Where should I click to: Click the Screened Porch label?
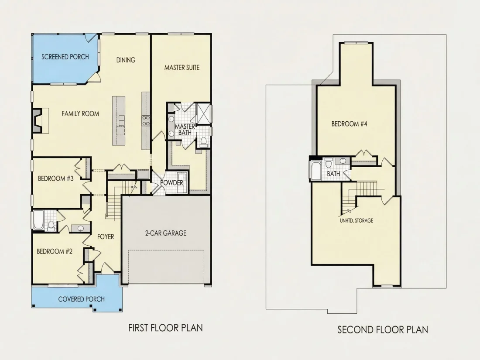(x=65, y=57)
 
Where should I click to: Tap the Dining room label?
(x=126, y=60)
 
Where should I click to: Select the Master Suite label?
(x=182, y=67)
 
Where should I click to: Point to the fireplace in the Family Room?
(x=41, y=120)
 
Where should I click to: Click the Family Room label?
(x=81, y=114)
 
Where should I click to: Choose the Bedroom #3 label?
(x=56, y=178)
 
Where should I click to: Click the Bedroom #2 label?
(x=55, y=251)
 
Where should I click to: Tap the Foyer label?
(x=106, y=237)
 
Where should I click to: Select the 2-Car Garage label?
(x=166, y=233)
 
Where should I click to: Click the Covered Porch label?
(x=82, y=299)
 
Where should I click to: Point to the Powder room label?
(x=172, y=183)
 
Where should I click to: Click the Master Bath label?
(x=185, y=130)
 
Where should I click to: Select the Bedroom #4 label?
(x=349, y=124)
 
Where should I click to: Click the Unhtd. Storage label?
(x=357, y=220)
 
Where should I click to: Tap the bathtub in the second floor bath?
(x=315, y=170)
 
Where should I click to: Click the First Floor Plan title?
(x=166, y=328)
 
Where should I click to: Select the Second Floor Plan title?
(x=383, y=330)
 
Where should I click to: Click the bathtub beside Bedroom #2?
(x=38, y=220)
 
